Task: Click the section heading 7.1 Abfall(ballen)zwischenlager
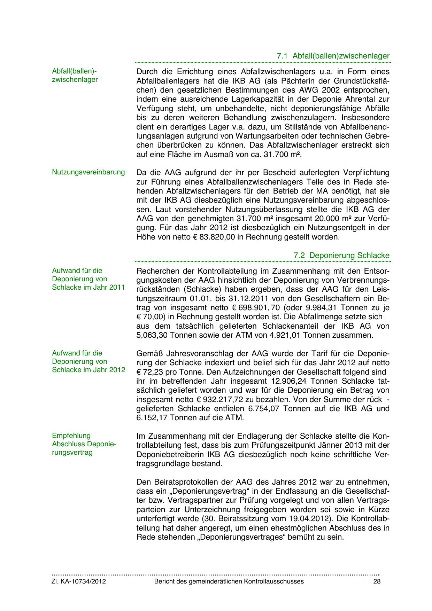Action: pyautogui.click(x=333, y=56)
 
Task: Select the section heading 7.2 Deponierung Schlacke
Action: pyautogui.click(x=341, y=255)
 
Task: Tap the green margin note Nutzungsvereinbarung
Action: pyautogui.click(x=88, y=172)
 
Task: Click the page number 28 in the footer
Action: pyautogui.click(x=377, y=581)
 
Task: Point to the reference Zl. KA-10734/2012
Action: pyautogui.click(x=79, y=581)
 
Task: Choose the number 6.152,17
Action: pyautogui.click(x=152, y=417)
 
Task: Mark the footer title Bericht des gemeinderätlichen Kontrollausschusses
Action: pyautogui.click(x=229, y=581)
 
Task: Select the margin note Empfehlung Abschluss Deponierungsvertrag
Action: pyautogui.click(x=84, y=444)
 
